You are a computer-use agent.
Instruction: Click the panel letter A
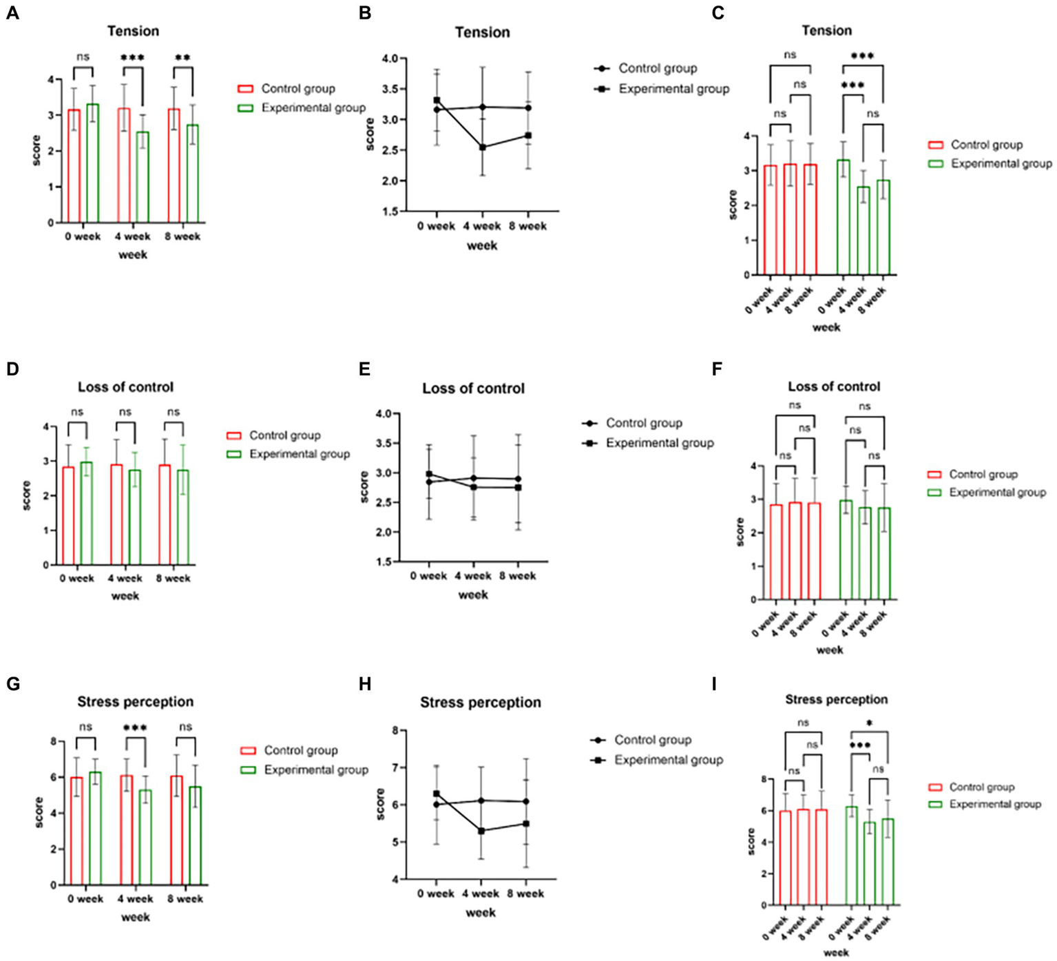tap(12, 14)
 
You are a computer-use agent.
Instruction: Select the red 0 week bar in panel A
tap(74, 166)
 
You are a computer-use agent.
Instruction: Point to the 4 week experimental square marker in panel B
tap(483, 147)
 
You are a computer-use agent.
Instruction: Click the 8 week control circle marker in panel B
tap(528, 108)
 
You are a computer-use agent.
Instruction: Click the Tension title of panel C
tap(826, 31)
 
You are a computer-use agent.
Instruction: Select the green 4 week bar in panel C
tap(864, 231)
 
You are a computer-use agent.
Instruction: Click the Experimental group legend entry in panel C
tap(1001, 164)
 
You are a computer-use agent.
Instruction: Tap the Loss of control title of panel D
tap(125, 387)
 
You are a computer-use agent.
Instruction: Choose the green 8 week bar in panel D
tap(182, 517)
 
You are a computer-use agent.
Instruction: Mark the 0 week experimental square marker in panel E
tap(429, 474)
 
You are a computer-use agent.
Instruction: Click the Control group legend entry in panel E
tap(644, 423)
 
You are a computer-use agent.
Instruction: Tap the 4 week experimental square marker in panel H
tap(481, 831)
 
